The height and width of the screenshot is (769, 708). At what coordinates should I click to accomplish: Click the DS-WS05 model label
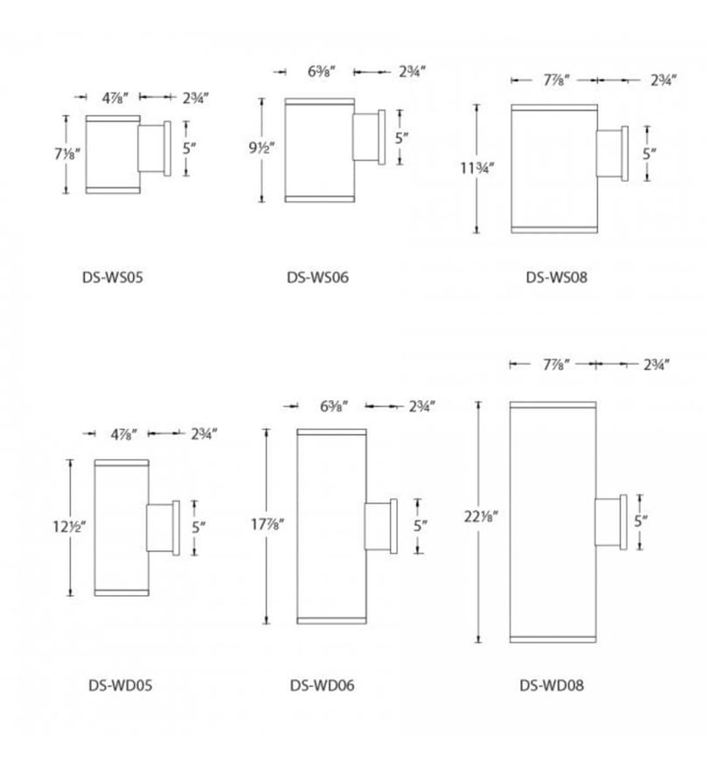pyautogui.click(x=113, y=278)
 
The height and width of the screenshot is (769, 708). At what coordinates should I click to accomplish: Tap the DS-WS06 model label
pyautogui.click(x=317, y=278)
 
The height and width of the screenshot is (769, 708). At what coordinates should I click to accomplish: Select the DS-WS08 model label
pyautogui.click(x=557, y=278)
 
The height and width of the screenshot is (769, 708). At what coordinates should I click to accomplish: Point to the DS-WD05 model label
pyautogui.click(x=121, y=685)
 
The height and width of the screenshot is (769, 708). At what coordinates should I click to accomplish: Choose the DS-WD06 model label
pyautogui.click(x=322, y=685)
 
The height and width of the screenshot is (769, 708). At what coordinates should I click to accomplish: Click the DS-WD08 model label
pyautogui.click(x=552, y=685)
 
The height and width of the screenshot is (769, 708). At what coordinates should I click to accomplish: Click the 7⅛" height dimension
pyautogui.click(x=66, y=154)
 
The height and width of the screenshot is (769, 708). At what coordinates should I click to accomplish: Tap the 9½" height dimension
pyautogui.click(x=261, y=147)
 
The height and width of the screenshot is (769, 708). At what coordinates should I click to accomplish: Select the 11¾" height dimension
pyautogui.click(x=476, y=168)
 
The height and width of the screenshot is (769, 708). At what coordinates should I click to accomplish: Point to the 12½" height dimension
pyautogui.click(x=69, y=527)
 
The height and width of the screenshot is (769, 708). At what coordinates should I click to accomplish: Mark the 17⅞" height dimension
pyautogui.click(x=267, y=525)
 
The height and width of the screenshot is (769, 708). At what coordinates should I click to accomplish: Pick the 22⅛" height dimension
pyautogui.click(x=481, y=516)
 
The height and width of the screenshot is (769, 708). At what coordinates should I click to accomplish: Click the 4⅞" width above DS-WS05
pyautogui.click(x=115, y=98)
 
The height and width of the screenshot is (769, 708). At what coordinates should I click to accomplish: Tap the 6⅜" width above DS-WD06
pyautogui.click(x=334, y=406)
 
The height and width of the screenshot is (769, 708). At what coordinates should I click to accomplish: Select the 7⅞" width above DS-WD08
pyautogui.click(x=556, y=365)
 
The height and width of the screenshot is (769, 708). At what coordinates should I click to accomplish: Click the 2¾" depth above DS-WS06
pyautogui.click(x=412, y=72)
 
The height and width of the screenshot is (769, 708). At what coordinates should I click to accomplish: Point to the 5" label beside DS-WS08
pyautogui.click(x=649, y=154)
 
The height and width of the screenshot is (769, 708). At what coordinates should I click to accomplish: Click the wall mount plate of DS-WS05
pyautogui.click(x=167, y=149)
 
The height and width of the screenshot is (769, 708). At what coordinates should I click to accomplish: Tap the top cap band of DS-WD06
pyautogui.click(x=331, y=432)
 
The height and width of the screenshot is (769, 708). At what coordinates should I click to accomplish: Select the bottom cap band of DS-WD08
pyautogui.click(x=553, y=640)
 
